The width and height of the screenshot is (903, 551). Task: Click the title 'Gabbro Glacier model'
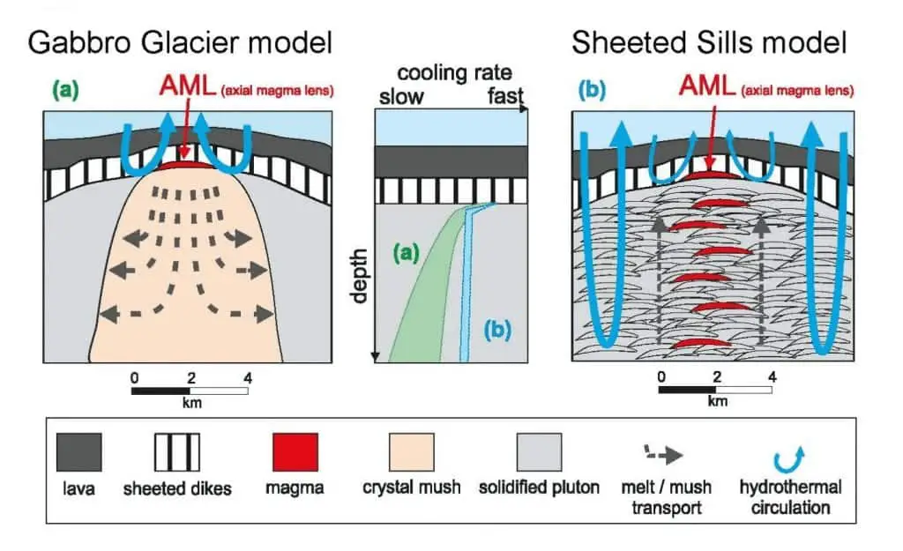(x=180, y=42)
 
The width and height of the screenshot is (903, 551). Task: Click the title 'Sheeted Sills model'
(x=709, y=42)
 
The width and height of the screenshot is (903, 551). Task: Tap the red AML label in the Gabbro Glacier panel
(x=183, y=86)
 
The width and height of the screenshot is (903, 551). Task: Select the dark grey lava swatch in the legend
(x=79, y=452)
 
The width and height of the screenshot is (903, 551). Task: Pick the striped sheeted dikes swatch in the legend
(x=176, y=452)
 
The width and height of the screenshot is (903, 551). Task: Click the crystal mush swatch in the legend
(x=412, y=452)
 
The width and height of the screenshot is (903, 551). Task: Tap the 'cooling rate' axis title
(x=454, y=72)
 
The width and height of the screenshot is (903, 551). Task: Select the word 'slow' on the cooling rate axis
(x=401, y=95)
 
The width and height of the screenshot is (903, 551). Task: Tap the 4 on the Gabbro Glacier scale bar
(x=247, y=378)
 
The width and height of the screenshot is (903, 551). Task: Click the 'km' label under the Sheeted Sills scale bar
(x=719, y=401)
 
